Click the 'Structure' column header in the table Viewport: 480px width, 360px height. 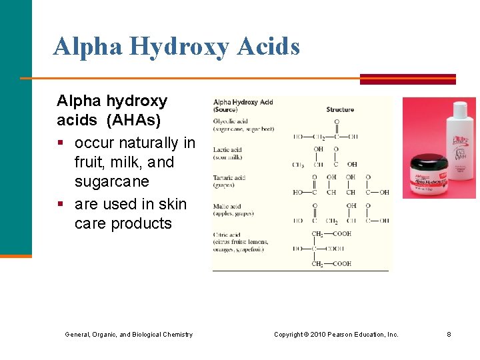pyautogui.click(x=340, y=109)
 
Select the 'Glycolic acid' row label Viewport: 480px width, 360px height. pyautogui.click(x=231, y=121)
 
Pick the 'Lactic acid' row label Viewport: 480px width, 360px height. pyautogui.click(x=227, y=150)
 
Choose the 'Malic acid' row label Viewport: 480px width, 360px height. pyautogui.click(x=227, y=207)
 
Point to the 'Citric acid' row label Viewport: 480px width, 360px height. pyautogui.click(x=228, y=235)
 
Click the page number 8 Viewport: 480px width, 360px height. pyautogui.click(x=449, y=334)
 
